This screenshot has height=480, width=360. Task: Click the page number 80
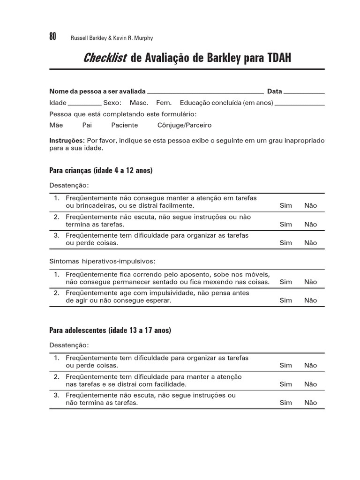pyautogui.click(x=52, y=37)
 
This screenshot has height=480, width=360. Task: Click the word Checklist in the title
pyautogui.click(x=105, y=58)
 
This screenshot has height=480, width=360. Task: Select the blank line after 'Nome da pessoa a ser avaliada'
pyautogui.click(x=205, y=92)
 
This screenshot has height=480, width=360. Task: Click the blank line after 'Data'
pyautogui.click(x=304, y=92)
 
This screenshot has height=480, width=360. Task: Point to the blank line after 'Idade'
pyautogui.click(x=85, y=103)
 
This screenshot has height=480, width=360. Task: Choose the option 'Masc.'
pyautogui.click(x=139, y=103)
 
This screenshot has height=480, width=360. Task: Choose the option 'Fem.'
pyautogui.click(x=164, y=103)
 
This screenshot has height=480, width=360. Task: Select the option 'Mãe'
pyautogui.click(x=56, y=125)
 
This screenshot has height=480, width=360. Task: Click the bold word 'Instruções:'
pyautogui.click(x=67, y=141)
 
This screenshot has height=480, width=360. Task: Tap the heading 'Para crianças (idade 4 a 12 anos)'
pyautogui.click(x=101, y=171)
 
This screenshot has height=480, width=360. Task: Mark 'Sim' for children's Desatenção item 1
pyautogui.click(x=285, y=205)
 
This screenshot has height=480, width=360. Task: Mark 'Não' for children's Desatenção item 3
pyautogui.click(x=310, y=243)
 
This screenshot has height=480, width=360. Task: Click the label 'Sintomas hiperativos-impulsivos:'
pyautogui.click(x=102, y=261)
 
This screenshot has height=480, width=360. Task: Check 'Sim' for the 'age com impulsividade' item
pyautogui.click(x=285, y=300)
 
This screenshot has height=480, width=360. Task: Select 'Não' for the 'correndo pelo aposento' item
pyautogui.click(x=310, y=282)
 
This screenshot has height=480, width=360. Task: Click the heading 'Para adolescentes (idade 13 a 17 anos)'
pyautogui.click(x=110, y=330)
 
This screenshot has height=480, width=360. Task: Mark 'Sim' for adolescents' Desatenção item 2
pyautogui.click(x=285, y=384)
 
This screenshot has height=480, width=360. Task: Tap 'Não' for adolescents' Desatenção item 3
pyautogui.click(x=310, y=403)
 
